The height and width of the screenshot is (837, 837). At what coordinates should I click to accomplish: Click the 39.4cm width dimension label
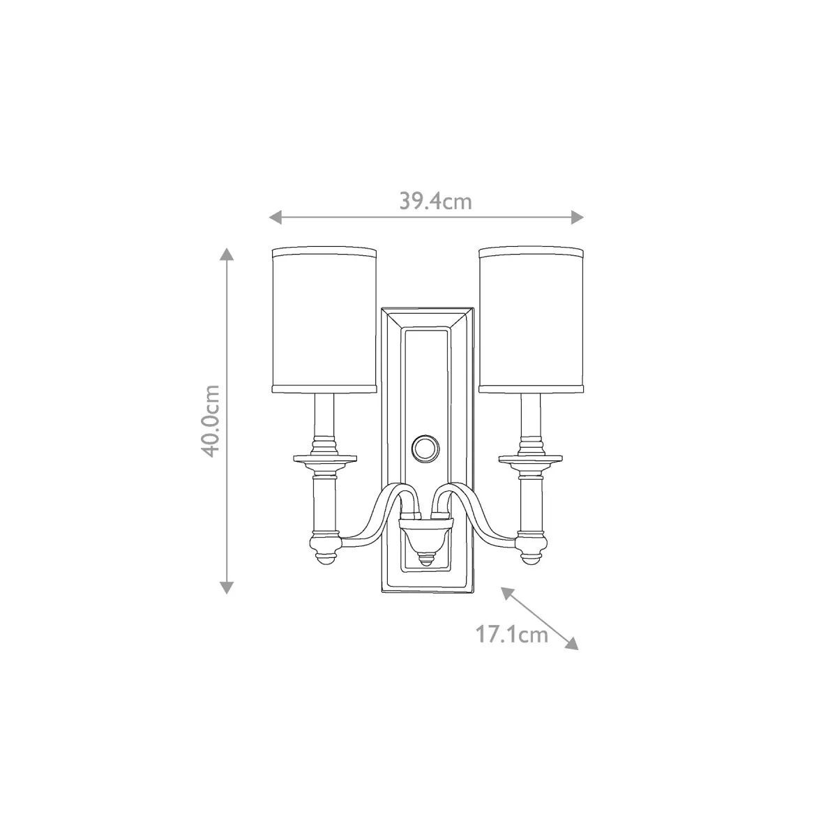pyautogui.click(x=435, y=202)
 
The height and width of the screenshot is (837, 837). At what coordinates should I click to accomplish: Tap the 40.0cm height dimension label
pyautogui.click(x=211, y=421)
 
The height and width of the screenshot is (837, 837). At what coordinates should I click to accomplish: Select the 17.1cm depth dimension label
pyautogui.click(x=512, y=635)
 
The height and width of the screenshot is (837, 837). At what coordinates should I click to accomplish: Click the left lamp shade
pyautogui.click(x=324, y=321)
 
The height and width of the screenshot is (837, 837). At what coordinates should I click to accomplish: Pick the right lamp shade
pyautogui.click(x=531, y=321)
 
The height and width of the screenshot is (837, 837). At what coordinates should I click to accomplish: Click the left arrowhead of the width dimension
pyautogui.click(x=276, y=217)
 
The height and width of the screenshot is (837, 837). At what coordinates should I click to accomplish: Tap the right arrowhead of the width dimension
pyautogui.click(x=577, y=217)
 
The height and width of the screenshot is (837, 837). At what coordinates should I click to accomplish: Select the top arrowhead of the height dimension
pyautogui.click(x=226, y=254)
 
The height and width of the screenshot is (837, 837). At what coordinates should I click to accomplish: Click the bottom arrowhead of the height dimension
pyautogui.click(x=226, y=588)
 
